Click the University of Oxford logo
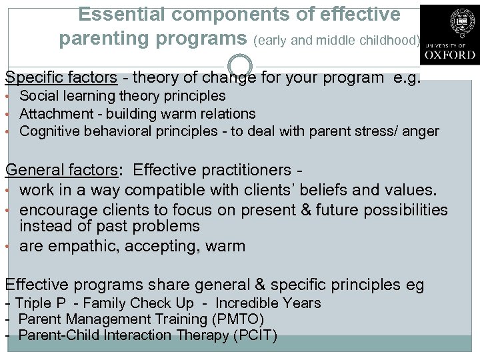449,35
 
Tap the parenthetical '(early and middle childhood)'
337,40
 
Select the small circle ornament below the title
240,65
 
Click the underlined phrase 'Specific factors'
61,77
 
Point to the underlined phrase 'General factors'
61,171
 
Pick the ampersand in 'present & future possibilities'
306,210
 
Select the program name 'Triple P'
40,303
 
